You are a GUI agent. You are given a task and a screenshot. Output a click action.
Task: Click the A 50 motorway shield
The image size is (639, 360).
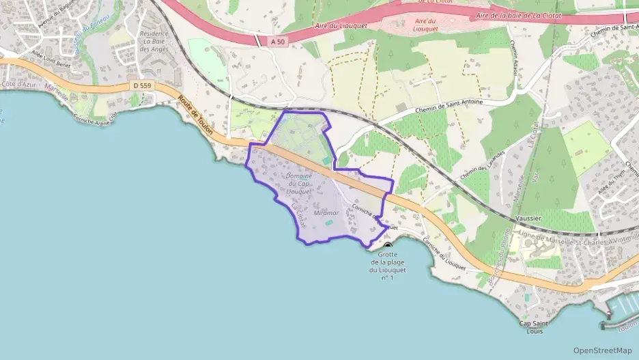(x=277, y=42)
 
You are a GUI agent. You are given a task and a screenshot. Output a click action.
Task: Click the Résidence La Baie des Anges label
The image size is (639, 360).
(x=154, y=41)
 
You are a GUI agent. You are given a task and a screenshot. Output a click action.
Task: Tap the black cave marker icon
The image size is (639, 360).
(x=388, y=245)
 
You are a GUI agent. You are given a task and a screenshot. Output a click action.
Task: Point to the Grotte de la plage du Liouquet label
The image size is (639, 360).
(x=388, y=266)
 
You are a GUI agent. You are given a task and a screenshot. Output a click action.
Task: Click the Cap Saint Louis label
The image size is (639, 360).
(x=535, y=327)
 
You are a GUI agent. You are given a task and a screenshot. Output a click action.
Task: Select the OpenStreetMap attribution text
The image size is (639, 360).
(x=603, y=350)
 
